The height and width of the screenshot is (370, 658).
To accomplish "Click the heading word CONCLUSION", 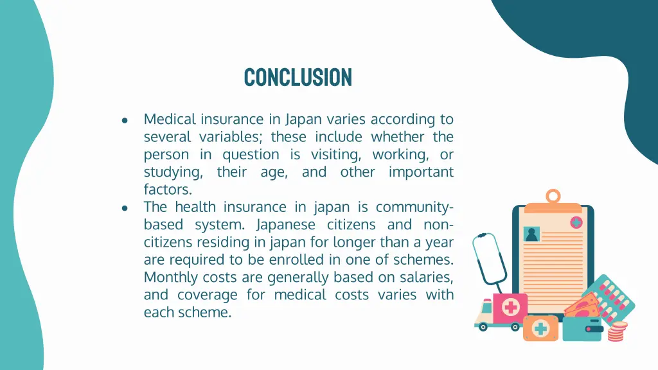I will pyautogui.click(x=298, y=77).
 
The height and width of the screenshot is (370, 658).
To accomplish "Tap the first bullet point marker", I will pyautogui.click(x=125, y=120).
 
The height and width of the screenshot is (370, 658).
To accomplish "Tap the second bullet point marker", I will pyautogui.click(x=125, y=208).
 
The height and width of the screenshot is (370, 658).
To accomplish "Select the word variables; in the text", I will pyautogui.click(x=231, y=137).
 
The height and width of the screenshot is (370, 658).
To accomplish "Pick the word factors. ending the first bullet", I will pyautogui.click(x=168, y=189).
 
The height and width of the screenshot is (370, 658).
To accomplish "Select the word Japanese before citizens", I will pyautogui.click(x=286, y=225).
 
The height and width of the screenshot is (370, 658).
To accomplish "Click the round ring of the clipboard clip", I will pyautogui.click(x=553, y=196).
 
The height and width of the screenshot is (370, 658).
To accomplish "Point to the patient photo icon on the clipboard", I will pyautogui.click(x=532, y=234).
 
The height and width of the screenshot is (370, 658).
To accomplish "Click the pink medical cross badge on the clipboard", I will pyautogui.click(x=576, y=222).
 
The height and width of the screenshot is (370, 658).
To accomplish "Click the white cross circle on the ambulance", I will pyautogui.click(x=511, y=307).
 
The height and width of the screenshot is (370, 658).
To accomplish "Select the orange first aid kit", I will pyautogui.click(x=540, y=328).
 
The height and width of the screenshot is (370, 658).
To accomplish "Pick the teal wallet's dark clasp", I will pyautogui.click(x=594, y=329).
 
